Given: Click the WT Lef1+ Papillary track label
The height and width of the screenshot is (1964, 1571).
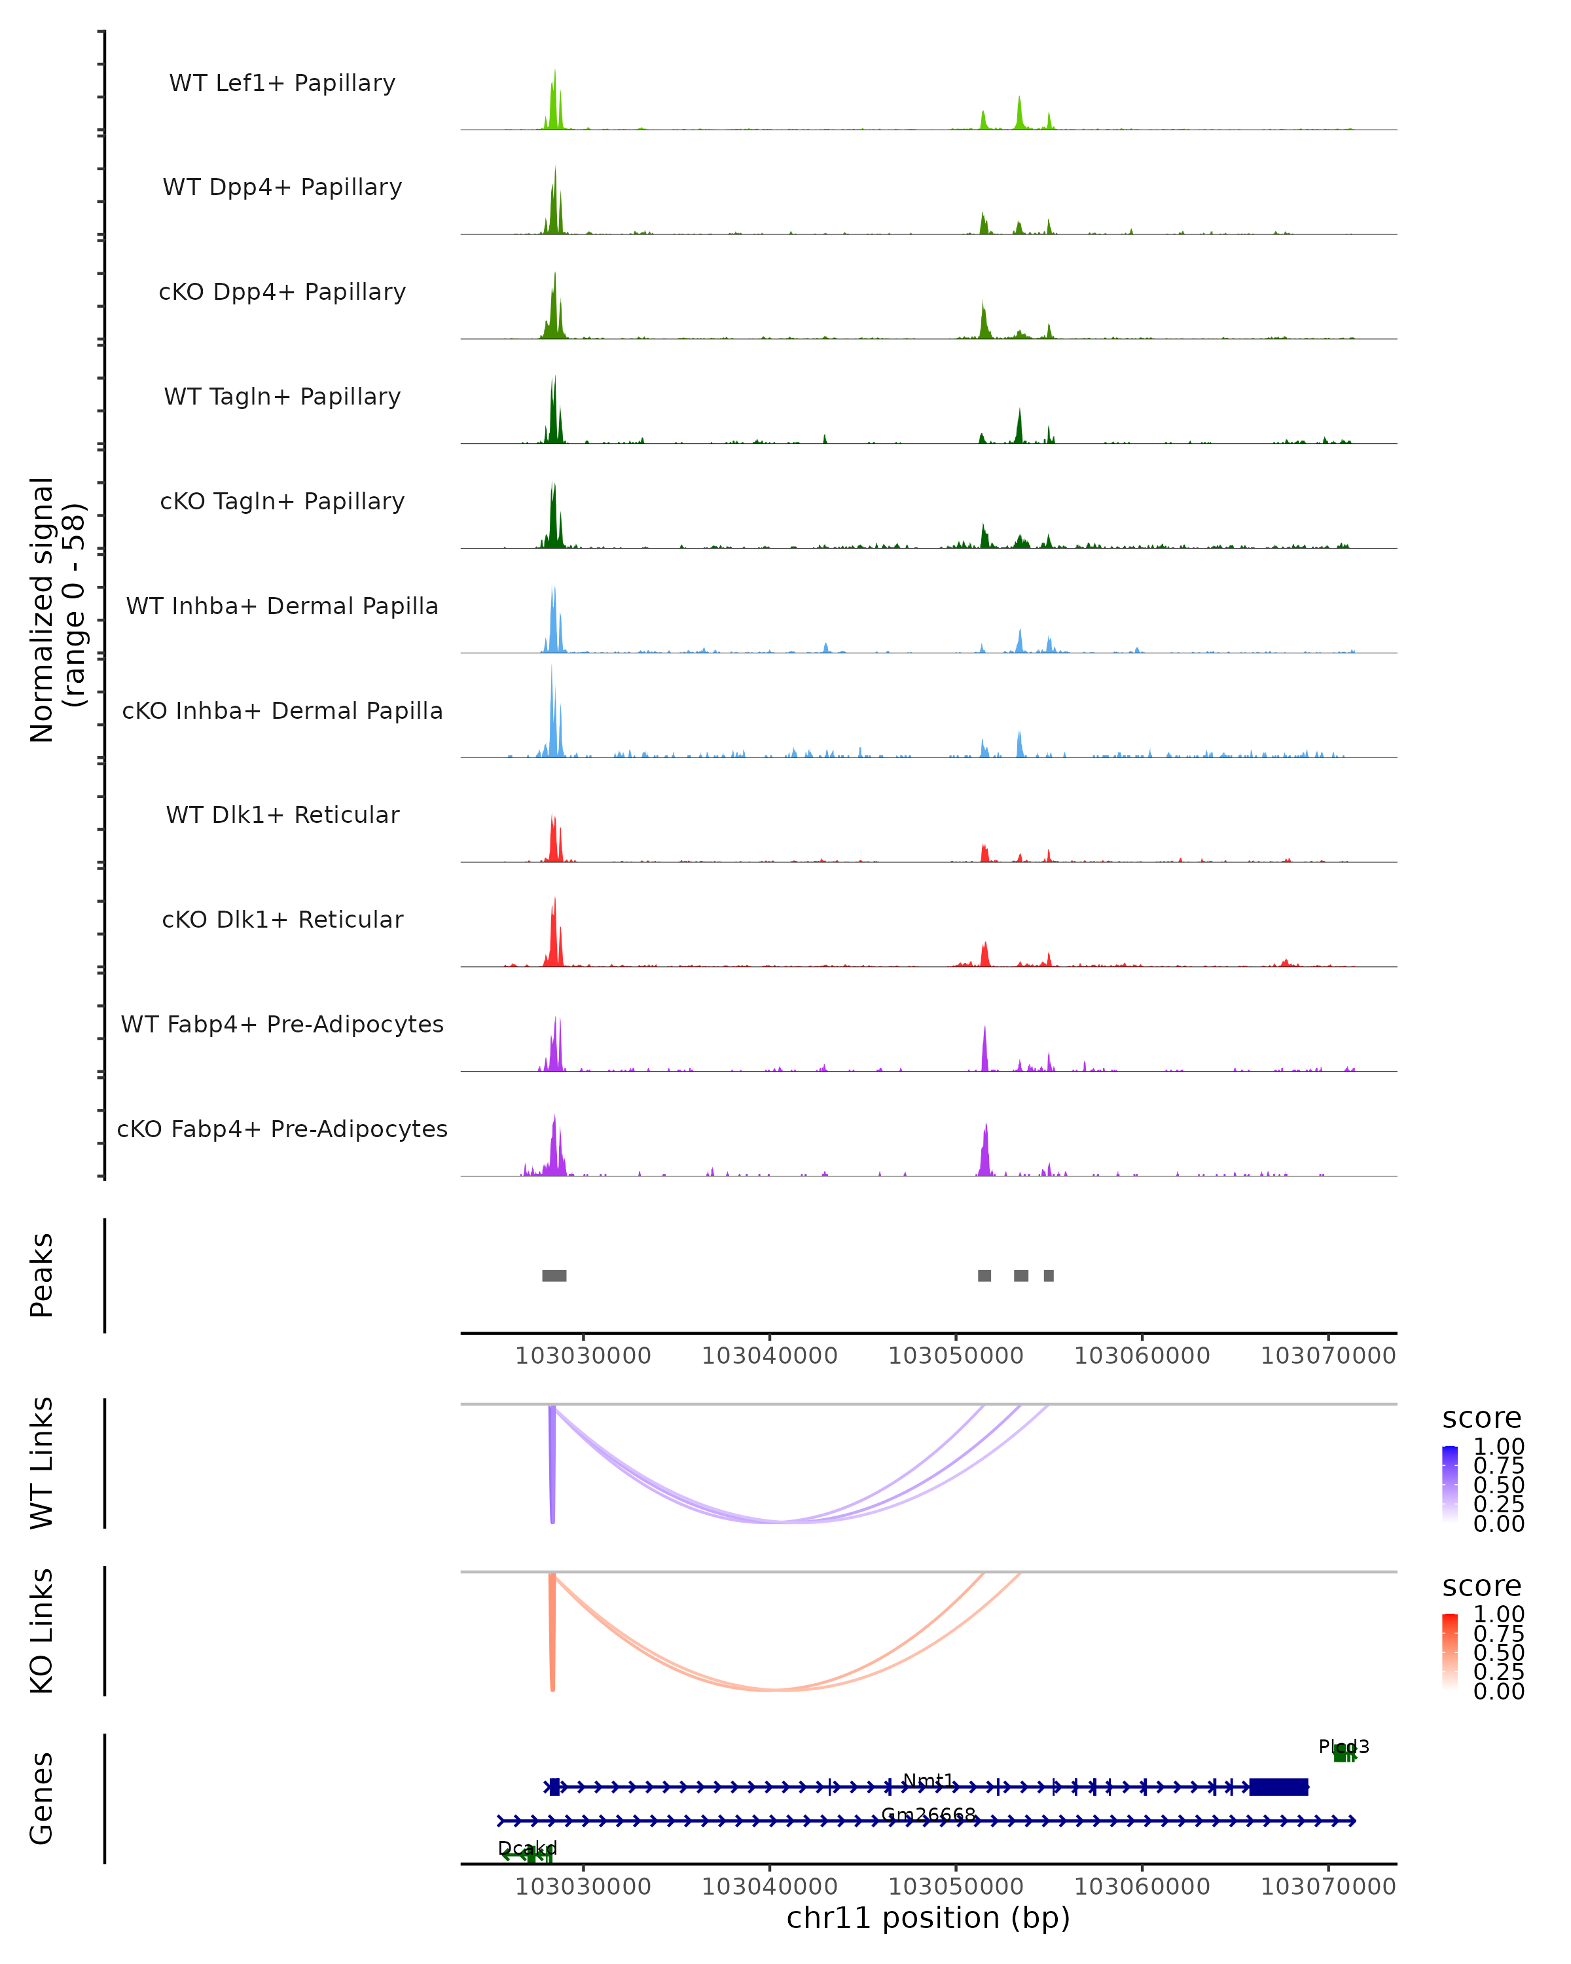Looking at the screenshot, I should pos(282,83).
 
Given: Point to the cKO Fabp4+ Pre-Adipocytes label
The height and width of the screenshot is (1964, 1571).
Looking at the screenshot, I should pos(282,1129).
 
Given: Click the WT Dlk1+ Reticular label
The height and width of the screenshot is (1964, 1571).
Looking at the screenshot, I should pos(282,814).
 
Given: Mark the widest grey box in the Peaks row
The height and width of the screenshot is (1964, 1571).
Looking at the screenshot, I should pos(554,1275).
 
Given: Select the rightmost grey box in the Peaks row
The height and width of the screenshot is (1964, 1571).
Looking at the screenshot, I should pos(1049,1275).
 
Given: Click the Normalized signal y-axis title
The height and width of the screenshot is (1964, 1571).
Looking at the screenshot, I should pos(56,609).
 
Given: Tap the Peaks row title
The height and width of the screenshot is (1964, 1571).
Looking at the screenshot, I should pos(42,1275).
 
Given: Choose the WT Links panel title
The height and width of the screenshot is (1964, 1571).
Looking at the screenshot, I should pos(42,1463).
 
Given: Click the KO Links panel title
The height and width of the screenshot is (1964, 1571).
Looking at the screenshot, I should pos(42,1631).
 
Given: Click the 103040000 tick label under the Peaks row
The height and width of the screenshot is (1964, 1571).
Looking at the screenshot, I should pos(770,1356).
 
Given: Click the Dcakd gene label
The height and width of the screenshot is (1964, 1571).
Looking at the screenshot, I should pos(528,1848).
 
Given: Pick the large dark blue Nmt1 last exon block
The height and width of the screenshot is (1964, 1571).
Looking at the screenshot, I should pos(1278,1787).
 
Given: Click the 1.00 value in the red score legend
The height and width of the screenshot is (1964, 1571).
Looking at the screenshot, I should pos(1498,1614).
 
